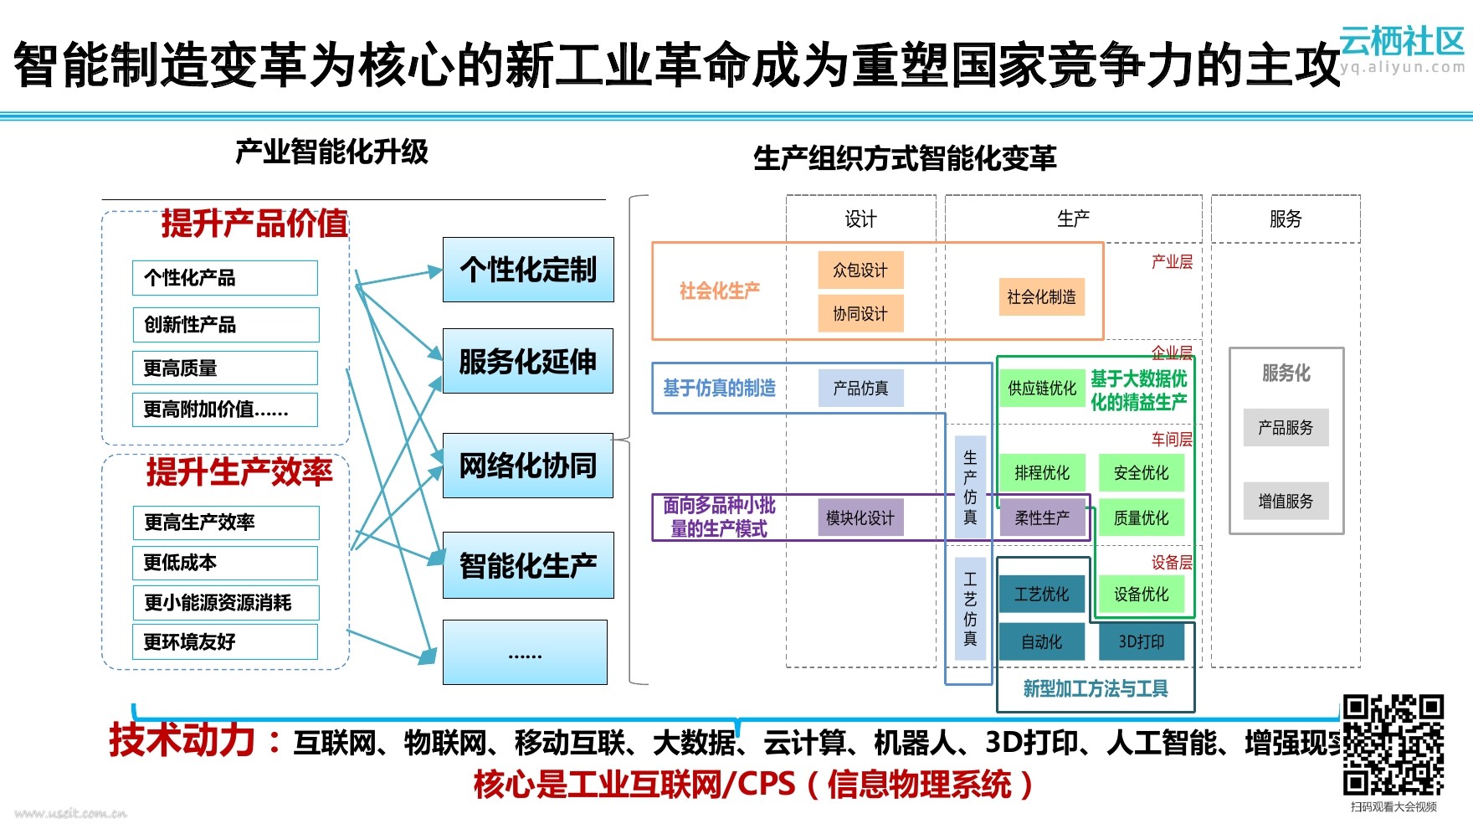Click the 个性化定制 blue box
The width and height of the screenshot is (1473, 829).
(x=528, y=270)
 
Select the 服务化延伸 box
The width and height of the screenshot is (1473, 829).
(x=528, y=361)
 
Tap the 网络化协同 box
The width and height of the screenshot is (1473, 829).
(x=528, y=466)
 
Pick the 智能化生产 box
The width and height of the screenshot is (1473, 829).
(x=528, y=565)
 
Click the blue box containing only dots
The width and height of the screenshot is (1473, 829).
(x=525, y=652)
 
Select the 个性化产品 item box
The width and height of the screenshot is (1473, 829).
(x=225, y=278)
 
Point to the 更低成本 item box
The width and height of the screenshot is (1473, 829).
(x=225, y=563)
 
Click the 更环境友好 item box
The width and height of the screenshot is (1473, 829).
(x=225, y=642)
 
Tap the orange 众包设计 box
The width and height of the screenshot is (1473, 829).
(x=860, y=270)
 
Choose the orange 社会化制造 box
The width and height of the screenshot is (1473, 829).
(x=1041, y=296)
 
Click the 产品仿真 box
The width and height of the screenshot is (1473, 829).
(x=860, y=389)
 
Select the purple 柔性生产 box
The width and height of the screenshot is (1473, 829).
(x=1042, y=518)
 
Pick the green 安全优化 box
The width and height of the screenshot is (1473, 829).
(x=1141, y=473)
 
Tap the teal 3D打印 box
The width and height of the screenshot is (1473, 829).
(x=1142, y=641)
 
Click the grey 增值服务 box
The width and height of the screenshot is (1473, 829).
(x=1286, y=501)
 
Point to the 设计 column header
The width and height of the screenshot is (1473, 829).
(x=860, y=219)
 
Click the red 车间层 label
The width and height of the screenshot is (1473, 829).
(x=1172, y=439)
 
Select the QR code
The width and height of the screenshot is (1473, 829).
(x=1393, y=744)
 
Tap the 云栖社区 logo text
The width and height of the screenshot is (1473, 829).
(x=1402, y=40)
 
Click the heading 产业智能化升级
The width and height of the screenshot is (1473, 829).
(x=331, y=152)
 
